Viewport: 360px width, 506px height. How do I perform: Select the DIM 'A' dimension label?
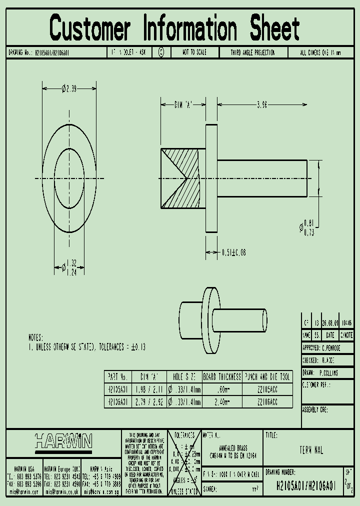coord(183,104)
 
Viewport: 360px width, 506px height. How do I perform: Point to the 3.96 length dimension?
coord(261,104)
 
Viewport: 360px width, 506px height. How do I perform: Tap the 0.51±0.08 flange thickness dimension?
coord(233,253)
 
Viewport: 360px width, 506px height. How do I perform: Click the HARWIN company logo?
coord(63,441)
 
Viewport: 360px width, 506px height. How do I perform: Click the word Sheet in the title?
coord(274,28)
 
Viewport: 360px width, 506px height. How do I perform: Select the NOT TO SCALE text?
coord(193,52)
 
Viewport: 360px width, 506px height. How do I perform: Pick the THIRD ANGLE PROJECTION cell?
coord(252,52)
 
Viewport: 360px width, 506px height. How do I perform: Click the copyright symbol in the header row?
coord(161,52)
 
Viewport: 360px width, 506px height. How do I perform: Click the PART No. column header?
coord(117,376)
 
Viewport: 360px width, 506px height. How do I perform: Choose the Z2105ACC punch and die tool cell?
coord(267,389)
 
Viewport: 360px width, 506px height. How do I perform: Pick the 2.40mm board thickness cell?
coord(221,401)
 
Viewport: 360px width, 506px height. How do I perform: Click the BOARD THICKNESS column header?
coord(221,376)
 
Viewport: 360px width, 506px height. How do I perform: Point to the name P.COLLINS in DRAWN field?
coord(328,373)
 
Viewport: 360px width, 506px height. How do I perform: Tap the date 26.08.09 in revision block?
coord(330,322)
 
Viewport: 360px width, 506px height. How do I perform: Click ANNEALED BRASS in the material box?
coord(233,448)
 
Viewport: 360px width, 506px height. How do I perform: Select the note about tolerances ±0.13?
coord(87,346)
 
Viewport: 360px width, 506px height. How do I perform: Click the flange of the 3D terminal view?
coord(211,320)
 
